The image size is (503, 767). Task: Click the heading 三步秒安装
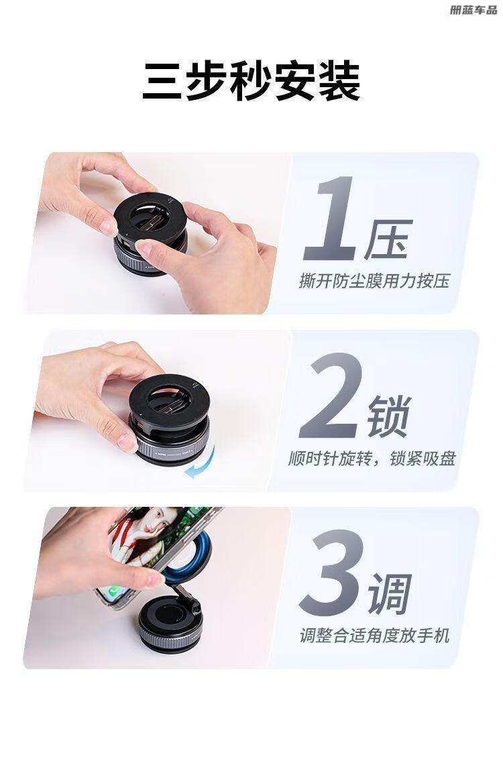click(x=251, y=81)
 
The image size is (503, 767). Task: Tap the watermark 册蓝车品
click(x=473, y=10)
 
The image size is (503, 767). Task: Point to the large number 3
click(x=332, y=573)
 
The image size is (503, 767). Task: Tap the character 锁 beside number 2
click(x=390, y=416)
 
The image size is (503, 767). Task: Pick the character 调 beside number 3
click(x=390, y=594)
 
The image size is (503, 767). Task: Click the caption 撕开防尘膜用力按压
click(x=374, y=282)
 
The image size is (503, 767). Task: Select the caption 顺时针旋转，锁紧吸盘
click(x=372, y=459)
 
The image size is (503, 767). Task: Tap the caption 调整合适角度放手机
click(x=374, y=636)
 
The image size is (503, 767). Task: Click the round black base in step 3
click(x=170, y=624)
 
